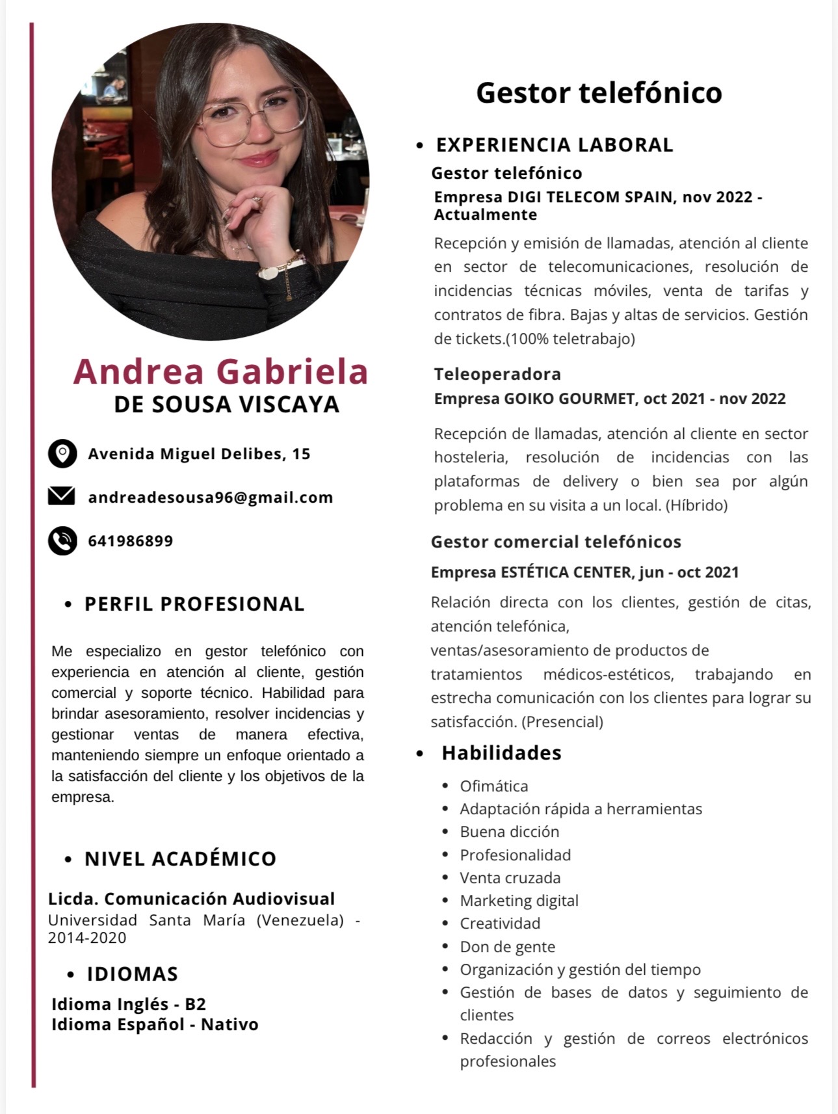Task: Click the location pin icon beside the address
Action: (x=62, y=453)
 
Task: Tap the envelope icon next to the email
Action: (x=62, y=496)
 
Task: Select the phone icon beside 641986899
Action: (x=62, y=540)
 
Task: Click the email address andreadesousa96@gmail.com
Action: (x=210, y=497)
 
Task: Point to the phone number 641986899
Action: (x=131, y=541)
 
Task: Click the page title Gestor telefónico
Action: (x=599, y=92)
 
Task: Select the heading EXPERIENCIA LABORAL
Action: (x=555, y=144)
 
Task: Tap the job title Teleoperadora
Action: (x=497, y=374)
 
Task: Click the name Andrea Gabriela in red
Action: (x=220, y=371)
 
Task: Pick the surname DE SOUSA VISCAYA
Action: (x=226, y=404)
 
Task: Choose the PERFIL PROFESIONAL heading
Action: (x=194, y=603)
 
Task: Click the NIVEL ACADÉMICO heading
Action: (x=180, y=858)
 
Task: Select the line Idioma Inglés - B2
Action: (x=129, y=1004)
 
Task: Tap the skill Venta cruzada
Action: (x=510, y=877)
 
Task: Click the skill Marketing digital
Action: (x=519, y=900)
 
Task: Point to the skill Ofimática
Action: (x=493, y=786)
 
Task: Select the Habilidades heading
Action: (x=501, y=752)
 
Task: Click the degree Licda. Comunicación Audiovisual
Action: (x=191, y=899)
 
